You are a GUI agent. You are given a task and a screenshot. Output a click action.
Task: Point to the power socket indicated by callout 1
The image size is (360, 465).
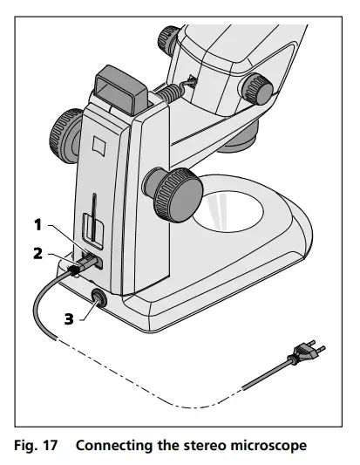pyautogui.click(x=94, y=259)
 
